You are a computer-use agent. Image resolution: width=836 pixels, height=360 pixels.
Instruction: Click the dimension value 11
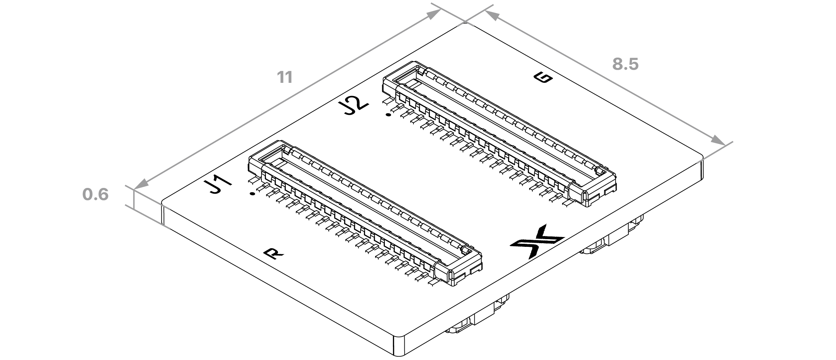click(x=285, y=77)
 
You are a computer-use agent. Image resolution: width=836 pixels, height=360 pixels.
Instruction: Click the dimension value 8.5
click(x=625, y=64)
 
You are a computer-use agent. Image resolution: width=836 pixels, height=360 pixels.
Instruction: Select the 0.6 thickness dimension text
click(x=95, y=195)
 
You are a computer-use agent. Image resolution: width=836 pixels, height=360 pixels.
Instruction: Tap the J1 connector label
click(x=218, y=187)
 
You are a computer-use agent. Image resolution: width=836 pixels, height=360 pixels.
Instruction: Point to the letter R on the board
click(x=273, y=254)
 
